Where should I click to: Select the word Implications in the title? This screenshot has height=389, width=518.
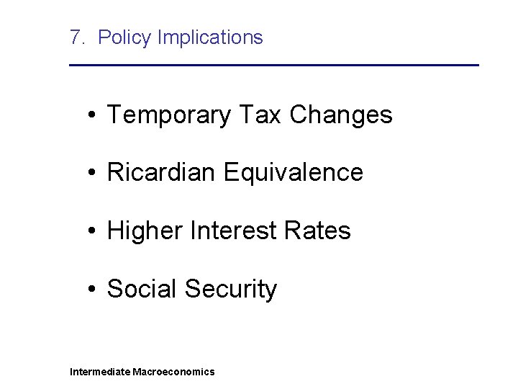click(210, 37)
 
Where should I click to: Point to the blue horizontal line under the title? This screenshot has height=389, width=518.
click(273, 66)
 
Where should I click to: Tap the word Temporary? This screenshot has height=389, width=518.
click(169, 115)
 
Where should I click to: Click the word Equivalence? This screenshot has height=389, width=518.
click(294, 173)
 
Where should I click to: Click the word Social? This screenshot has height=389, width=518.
click(142, 289)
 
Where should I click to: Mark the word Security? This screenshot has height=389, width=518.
click(230, 289)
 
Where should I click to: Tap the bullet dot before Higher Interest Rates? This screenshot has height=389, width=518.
click(94, 231)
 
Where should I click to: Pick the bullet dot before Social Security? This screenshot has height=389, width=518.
click(94, 290)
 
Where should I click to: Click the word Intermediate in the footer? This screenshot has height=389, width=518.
click(100, 372)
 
